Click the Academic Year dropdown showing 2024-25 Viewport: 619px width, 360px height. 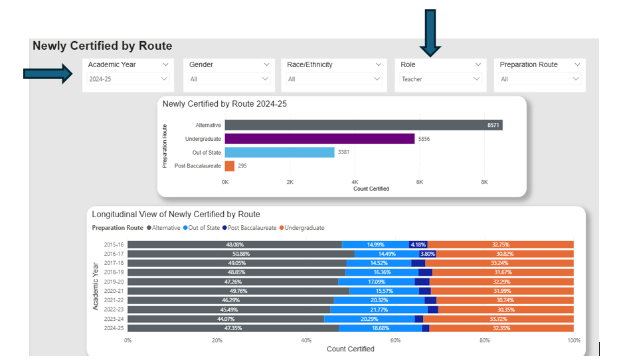click(x=128, y=79)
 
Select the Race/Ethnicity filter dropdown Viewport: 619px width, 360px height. click(x=335, y=79)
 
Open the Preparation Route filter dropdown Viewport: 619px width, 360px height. click(x=540, y=79)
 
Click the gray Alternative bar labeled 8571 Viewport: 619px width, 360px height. click(x=363, y=125)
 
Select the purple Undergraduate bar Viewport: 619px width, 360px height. click(x=319, y=139)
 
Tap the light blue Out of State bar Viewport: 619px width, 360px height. click(x=279, y=152)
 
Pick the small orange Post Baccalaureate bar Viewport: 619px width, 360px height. click(x=229, y=166)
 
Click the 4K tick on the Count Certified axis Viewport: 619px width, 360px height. click(x=355, y=181)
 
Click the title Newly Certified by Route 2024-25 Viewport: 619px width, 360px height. click(x=224, y=104)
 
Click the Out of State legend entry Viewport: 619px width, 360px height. click(x=203, y=228)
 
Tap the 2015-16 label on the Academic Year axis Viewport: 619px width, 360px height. click(x=114, y=244)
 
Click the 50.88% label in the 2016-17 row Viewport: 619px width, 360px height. click(x=240, y=254)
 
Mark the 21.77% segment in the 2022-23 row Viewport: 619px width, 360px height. click(x=379, y=310)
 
